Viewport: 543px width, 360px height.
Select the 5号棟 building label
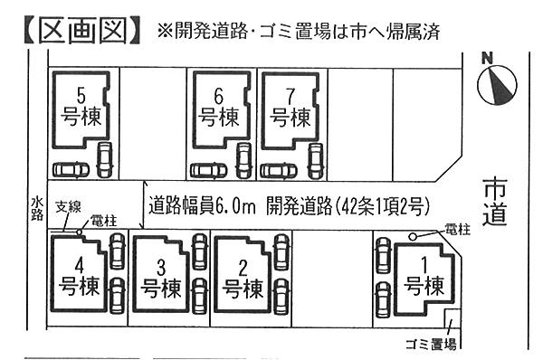point(82,109)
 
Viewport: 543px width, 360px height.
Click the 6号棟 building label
point(218,109)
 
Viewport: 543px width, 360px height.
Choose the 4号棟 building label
point(79,279)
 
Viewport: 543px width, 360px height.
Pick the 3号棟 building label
point(162,280)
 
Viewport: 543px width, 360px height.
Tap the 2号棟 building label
point(242,280)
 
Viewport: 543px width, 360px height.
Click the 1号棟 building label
point(423,279)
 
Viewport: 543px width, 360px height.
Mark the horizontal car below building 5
point(71,169)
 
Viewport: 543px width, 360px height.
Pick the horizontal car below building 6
point(208,170)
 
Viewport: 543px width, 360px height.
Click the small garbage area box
point(453,321)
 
